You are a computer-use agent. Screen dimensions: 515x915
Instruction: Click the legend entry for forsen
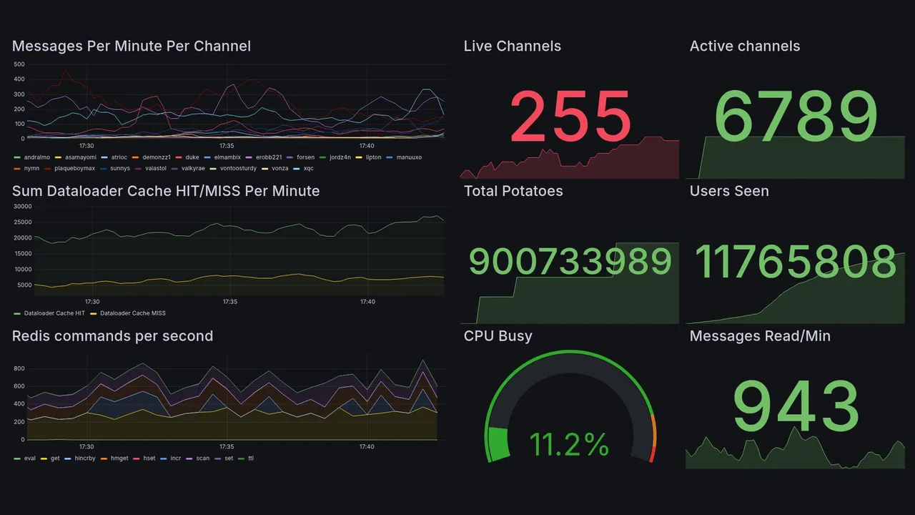(305, 157)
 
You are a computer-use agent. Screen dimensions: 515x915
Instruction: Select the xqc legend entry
(308, 168)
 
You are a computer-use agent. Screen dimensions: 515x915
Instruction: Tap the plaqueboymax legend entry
(74, 168)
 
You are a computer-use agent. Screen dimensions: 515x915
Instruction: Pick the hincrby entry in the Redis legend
(84, 458)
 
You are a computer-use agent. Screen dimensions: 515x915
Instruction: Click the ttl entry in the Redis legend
(250, 458)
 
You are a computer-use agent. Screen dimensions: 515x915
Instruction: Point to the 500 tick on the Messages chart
(19, 64)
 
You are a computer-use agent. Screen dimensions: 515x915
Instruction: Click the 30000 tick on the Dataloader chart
(24, 206)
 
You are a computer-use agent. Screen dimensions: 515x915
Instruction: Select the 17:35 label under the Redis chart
(227, 447)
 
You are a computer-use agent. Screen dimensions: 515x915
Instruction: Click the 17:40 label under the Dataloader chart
(367, 302)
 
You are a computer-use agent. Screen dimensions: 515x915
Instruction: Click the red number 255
(570, 117)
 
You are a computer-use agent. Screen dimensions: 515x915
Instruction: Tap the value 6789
(795, 117)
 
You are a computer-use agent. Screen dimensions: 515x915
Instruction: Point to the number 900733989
(570, 262)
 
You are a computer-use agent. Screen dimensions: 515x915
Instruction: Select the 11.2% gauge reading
(569, 445)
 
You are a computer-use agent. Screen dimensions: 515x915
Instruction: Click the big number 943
(795, 406)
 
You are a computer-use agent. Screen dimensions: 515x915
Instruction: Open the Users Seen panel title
(729, 191)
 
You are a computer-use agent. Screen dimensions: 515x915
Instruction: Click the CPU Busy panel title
(498, 336)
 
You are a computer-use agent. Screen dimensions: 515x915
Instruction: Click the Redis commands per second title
(112, 336)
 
